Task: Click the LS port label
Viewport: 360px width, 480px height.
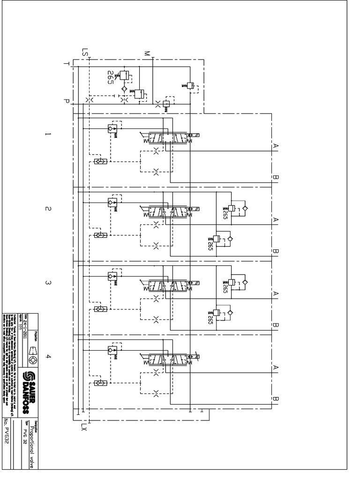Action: (85, 52)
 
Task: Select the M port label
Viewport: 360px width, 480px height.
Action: (147, 53)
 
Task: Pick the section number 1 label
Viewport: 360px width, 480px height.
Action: (47, 135)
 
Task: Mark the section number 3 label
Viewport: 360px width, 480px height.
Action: (47, 283)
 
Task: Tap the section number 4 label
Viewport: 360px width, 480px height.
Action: (47, 357)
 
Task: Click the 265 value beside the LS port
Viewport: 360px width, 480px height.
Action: (111, 77)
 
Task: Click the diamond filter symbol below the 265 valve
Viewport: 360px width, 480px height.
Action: (124, 88)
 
